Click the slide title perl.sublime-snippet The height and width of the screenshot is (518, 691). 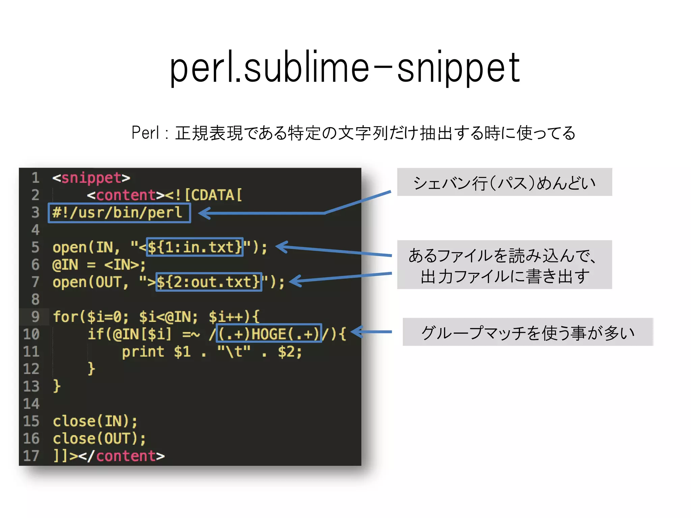click(345, 67)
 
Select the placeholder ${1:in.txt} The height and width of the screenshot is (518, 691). click(195, 247)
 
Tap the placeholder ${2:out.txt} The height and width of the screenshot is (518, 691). click(209, 282)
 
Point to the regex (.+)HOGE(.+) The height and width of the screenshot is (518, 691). click(269, 334)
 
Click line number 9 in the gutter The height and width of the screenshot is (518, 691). click(35, 317)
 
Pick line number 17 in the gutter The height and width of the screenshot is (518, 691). click(31, 456)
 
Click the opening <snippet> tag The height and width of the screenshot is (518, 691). click(91, 178)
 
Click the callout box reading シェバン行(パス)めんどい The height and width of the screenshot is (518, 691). click(504, 182)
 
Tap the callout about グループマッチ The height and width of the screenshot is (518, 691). click(528, 332)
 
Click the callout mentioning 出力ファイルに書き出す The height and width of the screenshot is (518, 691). click(504, 265)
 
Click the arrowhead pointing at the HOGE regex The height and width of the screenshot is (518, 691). click(356, 332)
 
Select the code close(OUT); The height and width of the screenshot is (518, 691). click(99, 438)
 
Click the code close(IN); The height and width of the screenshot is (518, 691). click(95, 421)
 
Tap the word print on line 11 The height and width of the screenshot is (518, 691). click(143, 352)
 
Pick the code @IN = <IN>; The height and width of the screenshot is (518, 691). click(99, 265)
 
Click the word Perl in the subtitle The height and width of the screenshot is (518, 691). click(145, 133)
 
